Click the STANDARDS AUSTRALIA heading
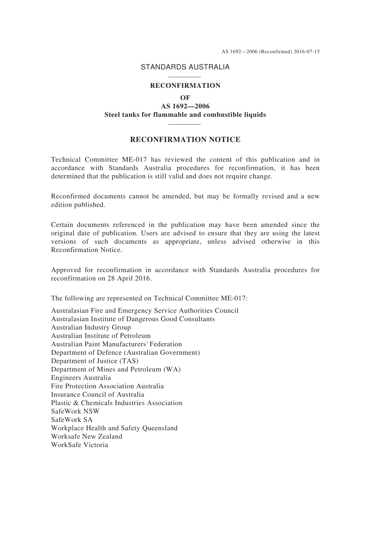click(185, 67)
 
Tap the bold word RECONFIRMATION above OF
click(185, 86)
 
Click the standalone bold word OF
click(185, 97)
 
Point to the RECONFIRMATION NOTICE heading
click(185, 140)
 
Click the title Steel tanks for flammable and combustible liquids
click(185, 115)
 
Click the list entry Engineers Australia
click(81, 378)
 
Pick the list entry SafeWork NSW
click(75, 411)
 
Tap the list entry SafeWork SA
click(72, 420)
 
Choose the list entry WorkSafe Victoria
click(79, 445)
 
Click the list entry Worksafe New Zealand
click(86, 436)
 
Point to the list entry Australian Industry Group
click(91, 328)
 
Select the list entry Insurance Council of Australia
click(97, 395)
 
